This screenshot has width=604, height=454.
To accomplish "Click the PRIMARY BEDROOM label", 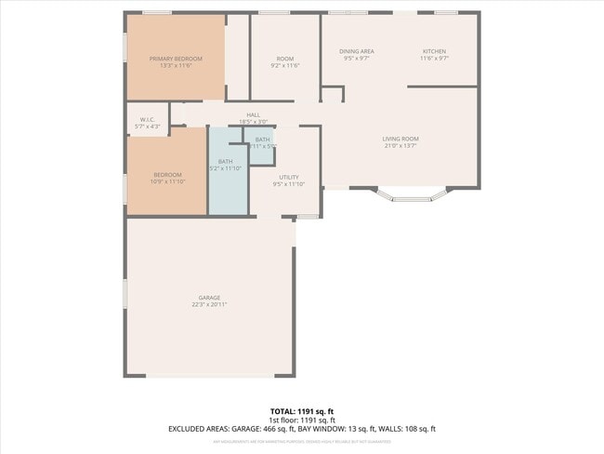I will tap(176, 59).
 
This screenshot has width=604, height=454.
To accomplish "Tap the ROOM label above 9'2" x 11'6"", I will tap(284, 59).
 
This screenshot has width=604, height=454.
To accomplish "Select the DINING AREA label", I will tap(356, 51).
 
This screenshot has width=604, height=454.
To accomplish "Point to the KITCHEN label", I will tap(434, 51).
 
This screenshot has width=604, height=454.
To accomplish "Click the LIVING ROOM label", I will tap(400, 139).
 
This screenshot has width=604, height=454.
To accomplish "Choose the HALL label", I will tap(253, 114).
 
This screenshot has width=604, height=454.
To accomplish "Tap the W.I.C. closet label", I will tap(147, 119).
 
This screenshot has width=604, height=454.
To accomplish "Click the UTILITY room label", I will tap(288, 176).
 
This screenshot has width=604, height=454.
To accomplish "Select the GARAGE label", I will tap(209, 298).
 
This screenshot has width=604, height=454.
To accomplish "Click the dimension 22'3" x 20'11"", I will tap(209, 304).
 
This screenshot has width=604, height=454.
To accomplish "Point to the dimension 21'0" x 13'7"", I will tap(400, 145).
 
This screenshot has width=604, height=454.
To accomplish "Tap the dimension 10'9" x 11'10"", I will tap(167, 181).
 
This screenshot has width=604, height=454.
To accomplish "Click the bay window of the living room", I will tap(411, 195).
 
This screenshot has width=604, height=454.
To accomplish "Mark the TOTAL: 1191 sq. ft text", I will tap(301, 410).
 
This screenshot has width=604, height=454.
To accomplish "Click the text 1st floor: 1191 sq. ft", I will tap(301, 420).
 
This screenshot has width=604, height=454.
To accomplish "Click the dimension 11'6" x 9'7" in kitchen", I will tap(434, 59).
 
